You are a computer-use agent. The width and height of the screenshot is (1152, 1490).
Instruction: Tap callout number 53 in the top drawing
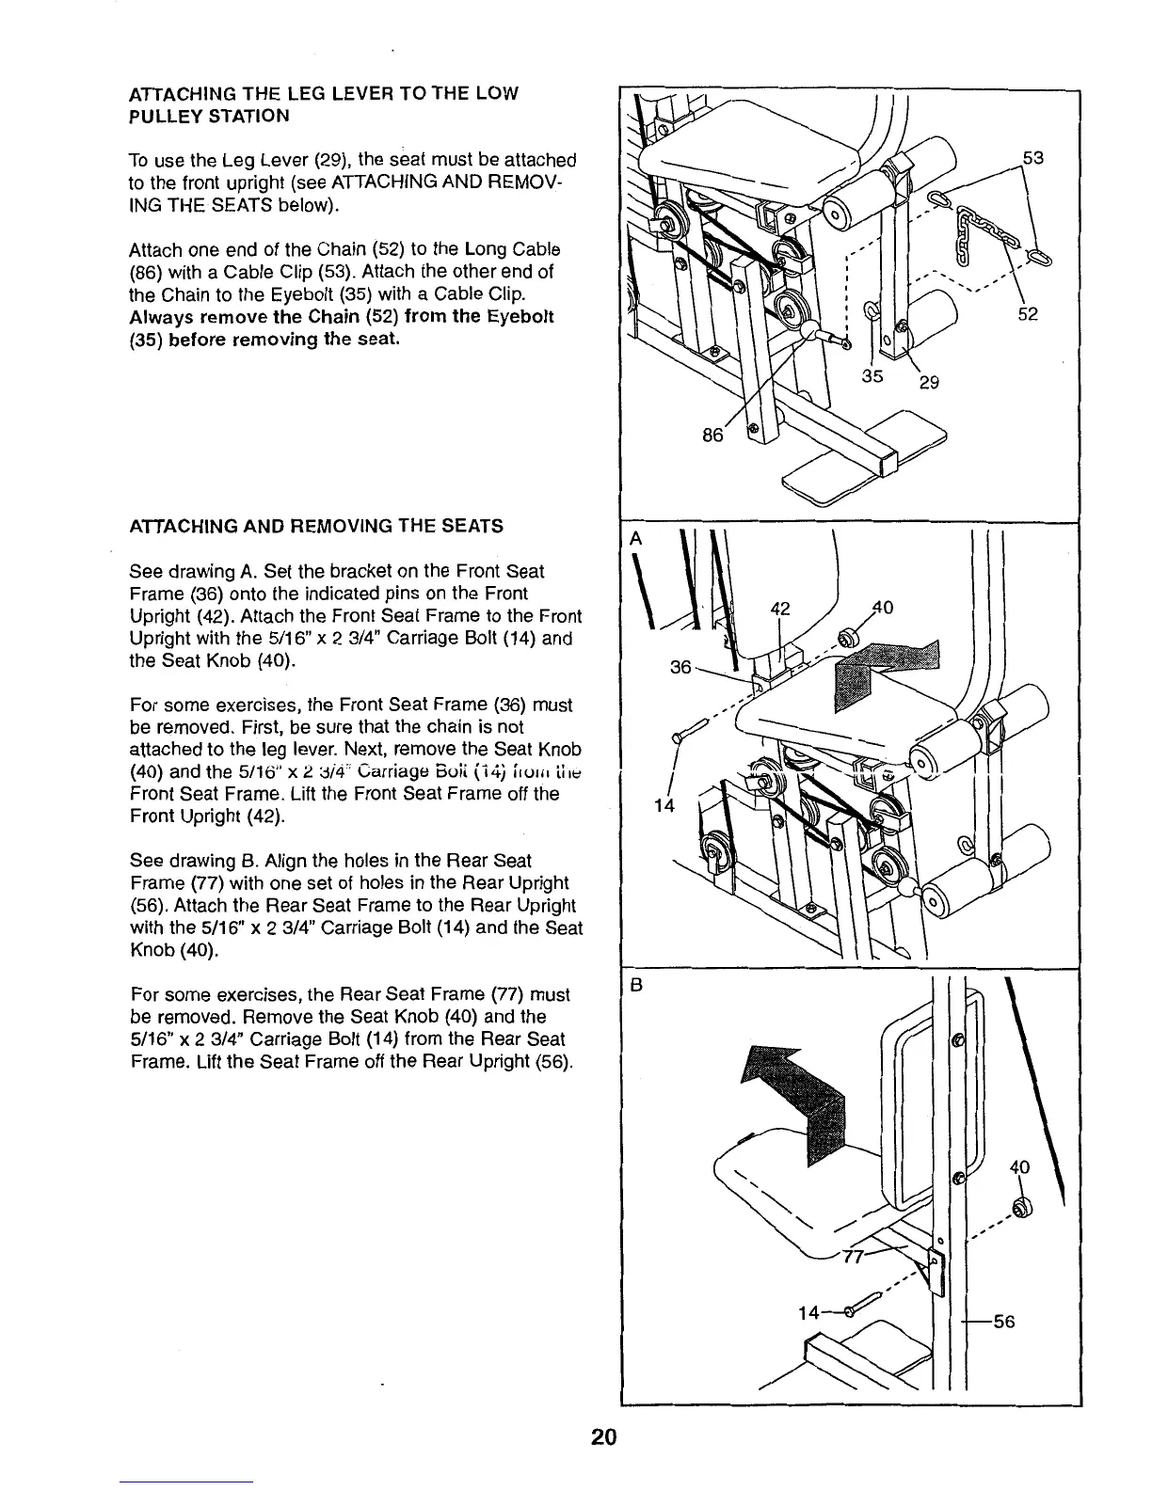tap(1032, 157)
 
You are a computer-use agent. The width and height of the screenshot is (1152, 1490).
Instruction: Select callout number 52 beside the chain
tap(1028, 313)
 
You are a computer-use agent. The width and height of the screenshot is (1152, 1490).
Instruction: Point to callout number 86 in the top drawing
tap(713, 435)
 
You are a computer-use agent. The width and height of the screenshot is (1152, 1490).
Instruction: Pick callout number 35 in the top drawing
tap(872, 376)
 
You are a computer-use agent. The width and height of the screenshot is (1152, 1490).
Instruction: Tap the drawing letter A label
tap(635, 539)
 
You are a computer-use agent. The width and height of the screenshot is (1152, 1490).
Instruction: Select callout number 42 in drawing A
tap(779, 608)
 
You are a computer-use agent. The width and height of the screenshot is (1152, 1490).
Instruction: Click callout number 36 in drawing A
tap(680, 667)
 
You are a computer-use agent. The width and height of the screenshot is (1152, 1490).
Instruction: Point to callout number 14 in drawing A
tap(664, 806)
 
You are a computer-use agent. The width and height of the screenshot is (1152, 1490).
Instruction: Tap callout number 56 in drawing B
tap(1004, 1321)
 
